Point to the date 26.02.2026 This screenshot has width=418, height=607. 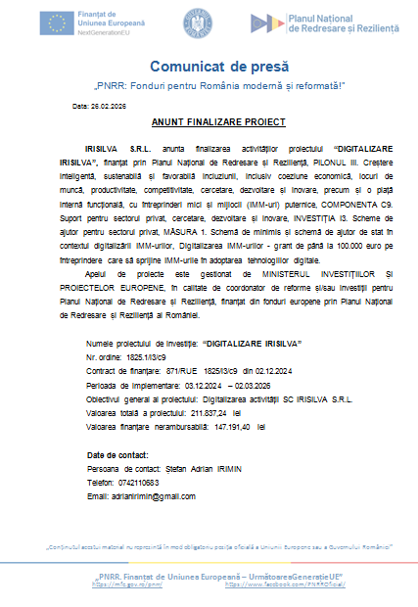pyautogui.click(x=115, y=104)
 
